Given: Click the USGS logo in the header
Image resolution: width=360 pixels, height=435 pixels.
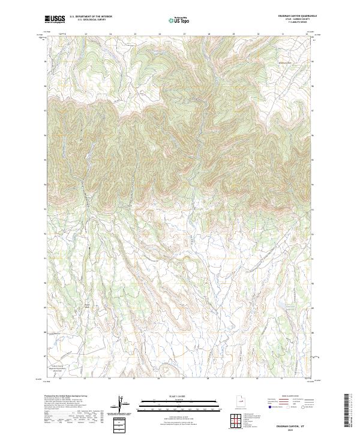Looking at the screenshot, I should coord(55,19).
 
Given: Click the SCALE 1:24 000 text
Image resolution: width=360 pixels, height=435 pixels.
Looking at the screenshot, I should coord(178,395).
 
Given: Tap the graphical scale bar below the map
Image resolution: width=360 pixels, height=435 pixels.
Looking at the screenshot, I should coord(178,403).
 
